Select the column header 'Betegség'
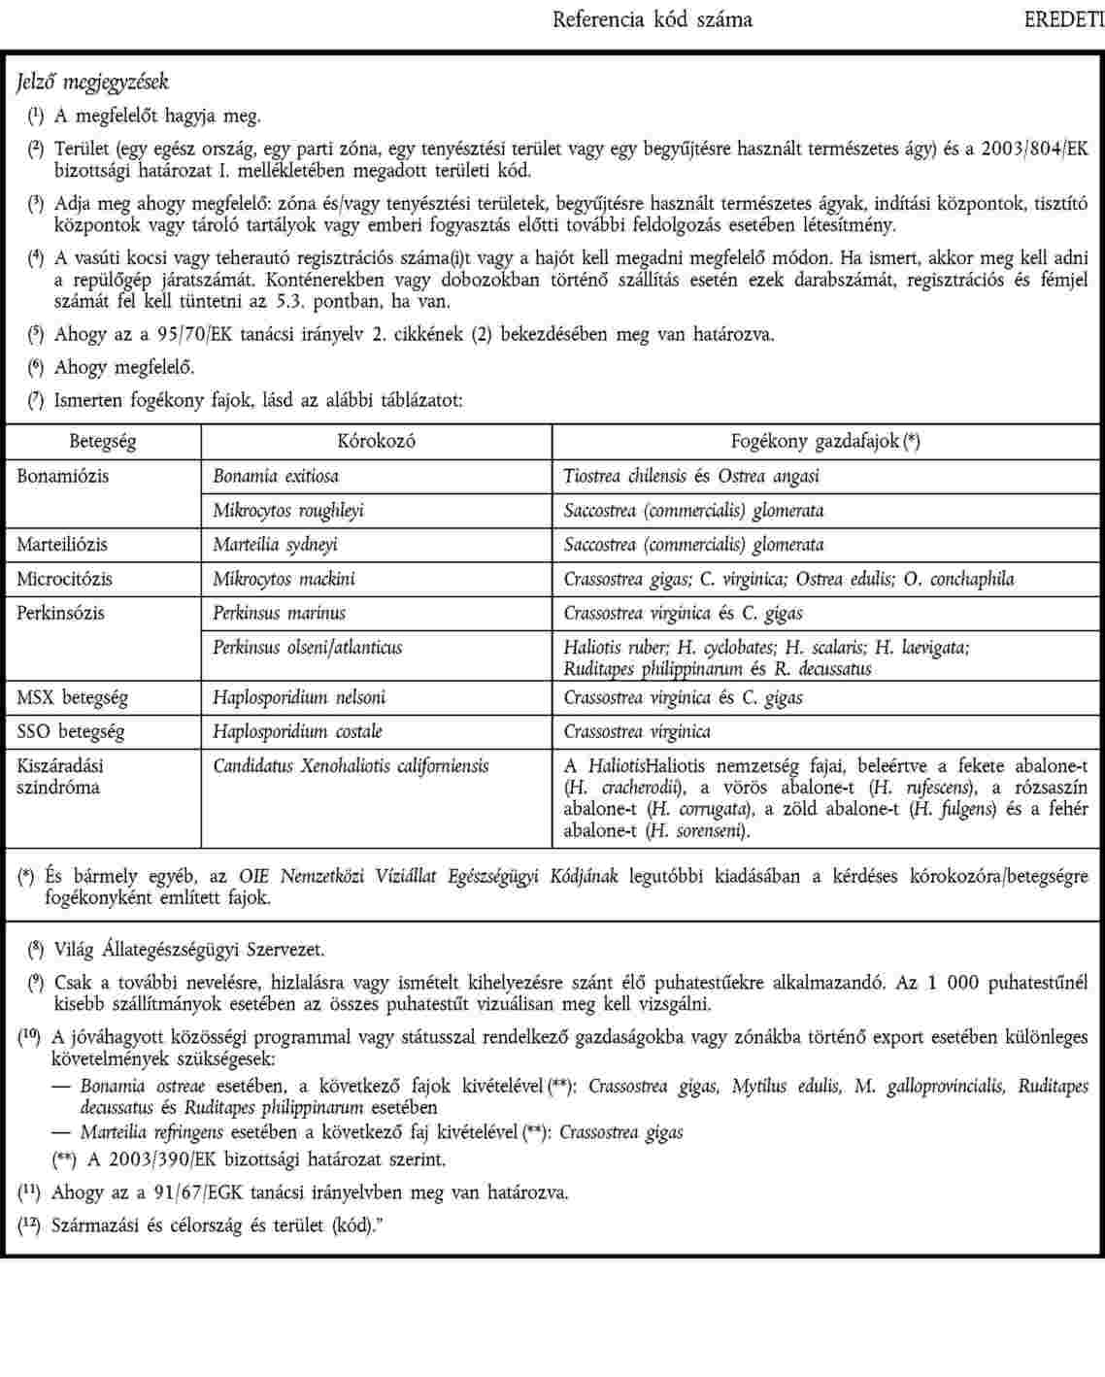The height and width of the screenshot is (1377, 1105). tap(103, 441)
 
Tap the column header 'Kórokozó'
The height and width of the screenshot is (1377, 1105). tap(377, 441)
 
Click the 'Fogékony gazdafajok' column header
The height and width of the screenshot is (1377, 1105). tap(825, 441)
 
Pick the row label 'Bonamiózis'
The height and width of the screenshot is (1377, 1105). tap(63, 476)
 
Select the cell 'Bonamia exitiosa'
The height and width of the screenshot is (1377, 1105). tap(276, 476)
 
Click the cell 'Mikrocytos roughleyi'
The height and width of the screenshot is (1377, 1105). tap(288, 510)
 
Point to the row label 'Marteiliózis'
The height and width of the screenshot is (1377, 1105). tap(62, 544)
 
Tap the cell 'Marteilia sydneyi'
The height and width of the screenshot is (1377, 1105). tap(276, 544)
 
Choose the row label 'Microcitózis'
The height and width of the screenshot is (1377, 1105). tap(64, 579)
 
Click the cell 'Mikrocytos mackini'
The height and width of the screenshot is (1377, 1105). tap(284, 579)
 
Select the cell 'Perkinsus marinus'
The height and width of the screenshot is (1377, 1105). tap(280, 613)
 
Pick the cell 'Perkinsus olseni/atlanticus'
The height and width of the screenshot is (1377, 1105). tap(308, 647)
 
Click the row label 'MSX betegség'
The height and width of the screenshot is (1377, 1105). tap(72, 697)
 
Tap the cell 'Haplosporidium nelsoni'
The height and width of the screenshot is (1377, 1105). tap(299, 697)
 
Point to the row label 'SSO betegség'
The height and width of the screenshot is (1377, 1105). tap(71, 731)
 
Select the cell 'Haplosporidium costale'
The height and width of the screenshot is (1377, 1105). tap(297, 731)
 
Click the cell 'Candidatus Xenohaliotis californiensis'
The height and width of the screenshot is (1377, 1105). tap(351, 765)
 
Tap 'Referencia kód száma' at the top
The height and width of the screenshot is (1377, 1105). tap(652, 19)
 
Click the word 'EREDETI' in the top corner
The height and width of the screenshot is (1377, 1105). tap(1064, 19)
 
